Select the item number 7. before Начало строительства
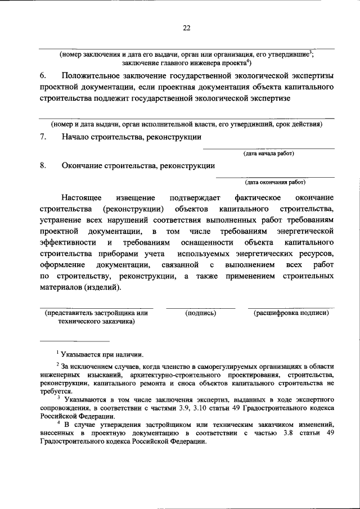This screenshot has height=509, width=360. click(43, 138)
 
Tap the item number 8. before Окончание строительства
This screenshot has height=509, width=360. click(43, 166)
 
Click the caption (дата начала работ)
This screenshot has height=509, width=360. click(268, 153)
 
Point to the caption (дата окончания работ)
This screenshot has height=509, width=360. click(274, 182)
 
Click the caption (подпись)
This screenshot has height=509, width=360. click(200, 313)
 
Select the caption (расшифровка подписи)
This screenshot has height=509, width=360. click(290, 313)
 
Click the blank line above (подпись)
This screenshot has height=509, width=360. click(200, 308)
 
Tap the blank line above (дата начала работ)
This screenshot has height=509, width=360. click(268, 148)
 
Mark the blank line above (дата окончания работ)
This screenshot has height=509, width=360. click(274, 177)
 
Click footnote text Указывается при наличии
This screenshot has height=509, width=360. click(102, 354)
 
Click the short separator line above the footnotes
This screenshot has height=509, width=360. click(74, 341)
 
